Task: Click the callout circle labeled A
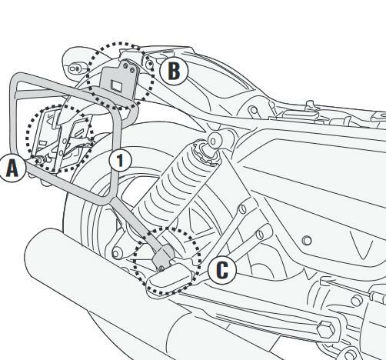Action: [12, 168]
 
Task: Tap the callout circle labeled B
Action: [174, 71]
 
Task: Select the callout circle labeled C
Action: [222, 270]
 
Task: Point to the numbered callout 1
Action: [120, 160]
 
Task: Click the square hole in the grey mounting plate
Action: [117, 85]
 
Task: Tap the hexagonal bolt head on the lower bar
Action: [325, 328]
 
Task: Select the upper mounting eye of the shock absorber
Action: [213, 141]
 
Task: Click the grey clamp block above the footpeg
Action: [163, 255]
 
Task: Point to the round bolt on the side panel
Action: [307, 241]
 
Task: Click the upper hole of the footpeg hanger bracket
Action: [242, 209]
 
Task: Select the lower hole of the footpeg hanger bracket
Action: [260, 235]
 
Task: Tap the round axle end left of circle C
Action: [116, 254]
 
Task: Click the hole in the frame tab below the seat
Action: [254, 111]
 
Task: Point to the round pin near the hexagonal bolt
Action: [357, 300]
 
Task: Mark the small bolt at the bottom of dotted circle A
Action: [40, 161]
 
